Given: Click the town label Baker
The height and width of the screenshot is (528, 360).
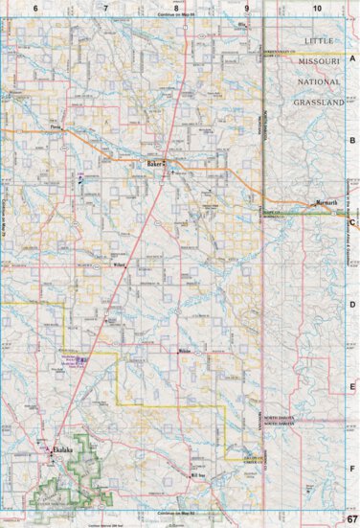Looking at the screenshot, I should point(151,164).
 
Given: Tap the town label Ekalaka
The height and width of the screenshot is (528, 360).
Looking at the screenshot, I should point(62,448).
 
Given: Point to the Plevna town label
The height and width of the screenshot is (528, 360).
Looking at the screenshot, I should point(56,126).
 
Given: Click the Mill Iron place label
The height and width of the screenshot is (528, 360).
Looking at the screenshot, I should point(198,474).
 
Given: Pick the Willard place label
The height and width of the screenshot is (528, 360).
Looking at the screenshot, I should point(120,264).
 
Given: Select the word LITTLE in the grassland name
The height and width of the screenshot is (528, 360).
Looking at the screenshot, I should point(322,41).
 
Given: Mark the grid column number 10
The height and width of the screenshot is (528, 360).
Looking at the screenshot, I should point(317,8).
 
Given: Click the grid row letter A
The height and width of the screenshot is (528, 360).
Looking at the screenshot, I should point(352,58).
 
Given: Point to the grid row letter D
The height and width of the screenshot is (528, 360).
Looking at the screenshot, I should point(352,305).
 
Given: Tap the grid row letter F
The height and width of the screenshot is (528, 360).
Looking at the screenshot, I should point(352,469).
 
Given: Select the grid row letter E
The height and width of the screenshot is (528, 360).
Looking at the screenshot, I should point(352,386).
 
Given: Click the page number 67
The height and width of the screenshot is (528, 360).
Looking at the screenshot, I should point(351,518).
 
